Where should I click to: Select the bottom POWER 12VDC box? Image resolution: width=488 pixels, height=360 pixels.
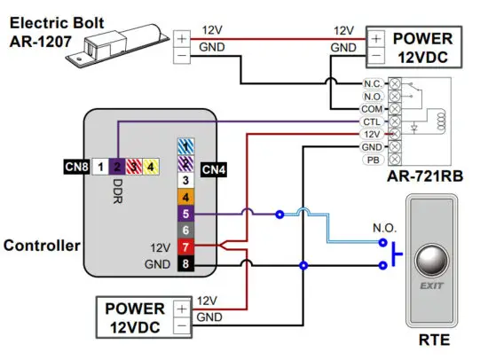[135, 317]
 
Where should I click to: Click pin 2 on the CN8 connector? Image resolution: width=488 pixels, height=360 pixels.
[117, 165]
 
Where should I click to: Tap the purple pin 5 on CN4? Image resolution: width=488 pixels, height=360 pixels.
[185, 213]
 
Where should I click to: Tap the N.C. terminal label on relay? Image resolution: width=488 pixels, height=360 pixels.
[373, 83]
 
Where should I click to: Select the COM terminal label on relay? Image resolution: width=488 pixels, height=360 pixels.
[373, 108]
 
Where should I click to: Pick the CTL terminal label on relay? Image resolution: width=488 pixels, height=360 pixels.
[373, 121]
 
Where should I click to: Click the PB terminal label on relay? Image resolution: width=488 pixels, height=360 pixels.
[373, 159]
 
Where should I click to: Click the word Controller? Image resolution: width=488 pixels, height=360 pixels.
[42, 245]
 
